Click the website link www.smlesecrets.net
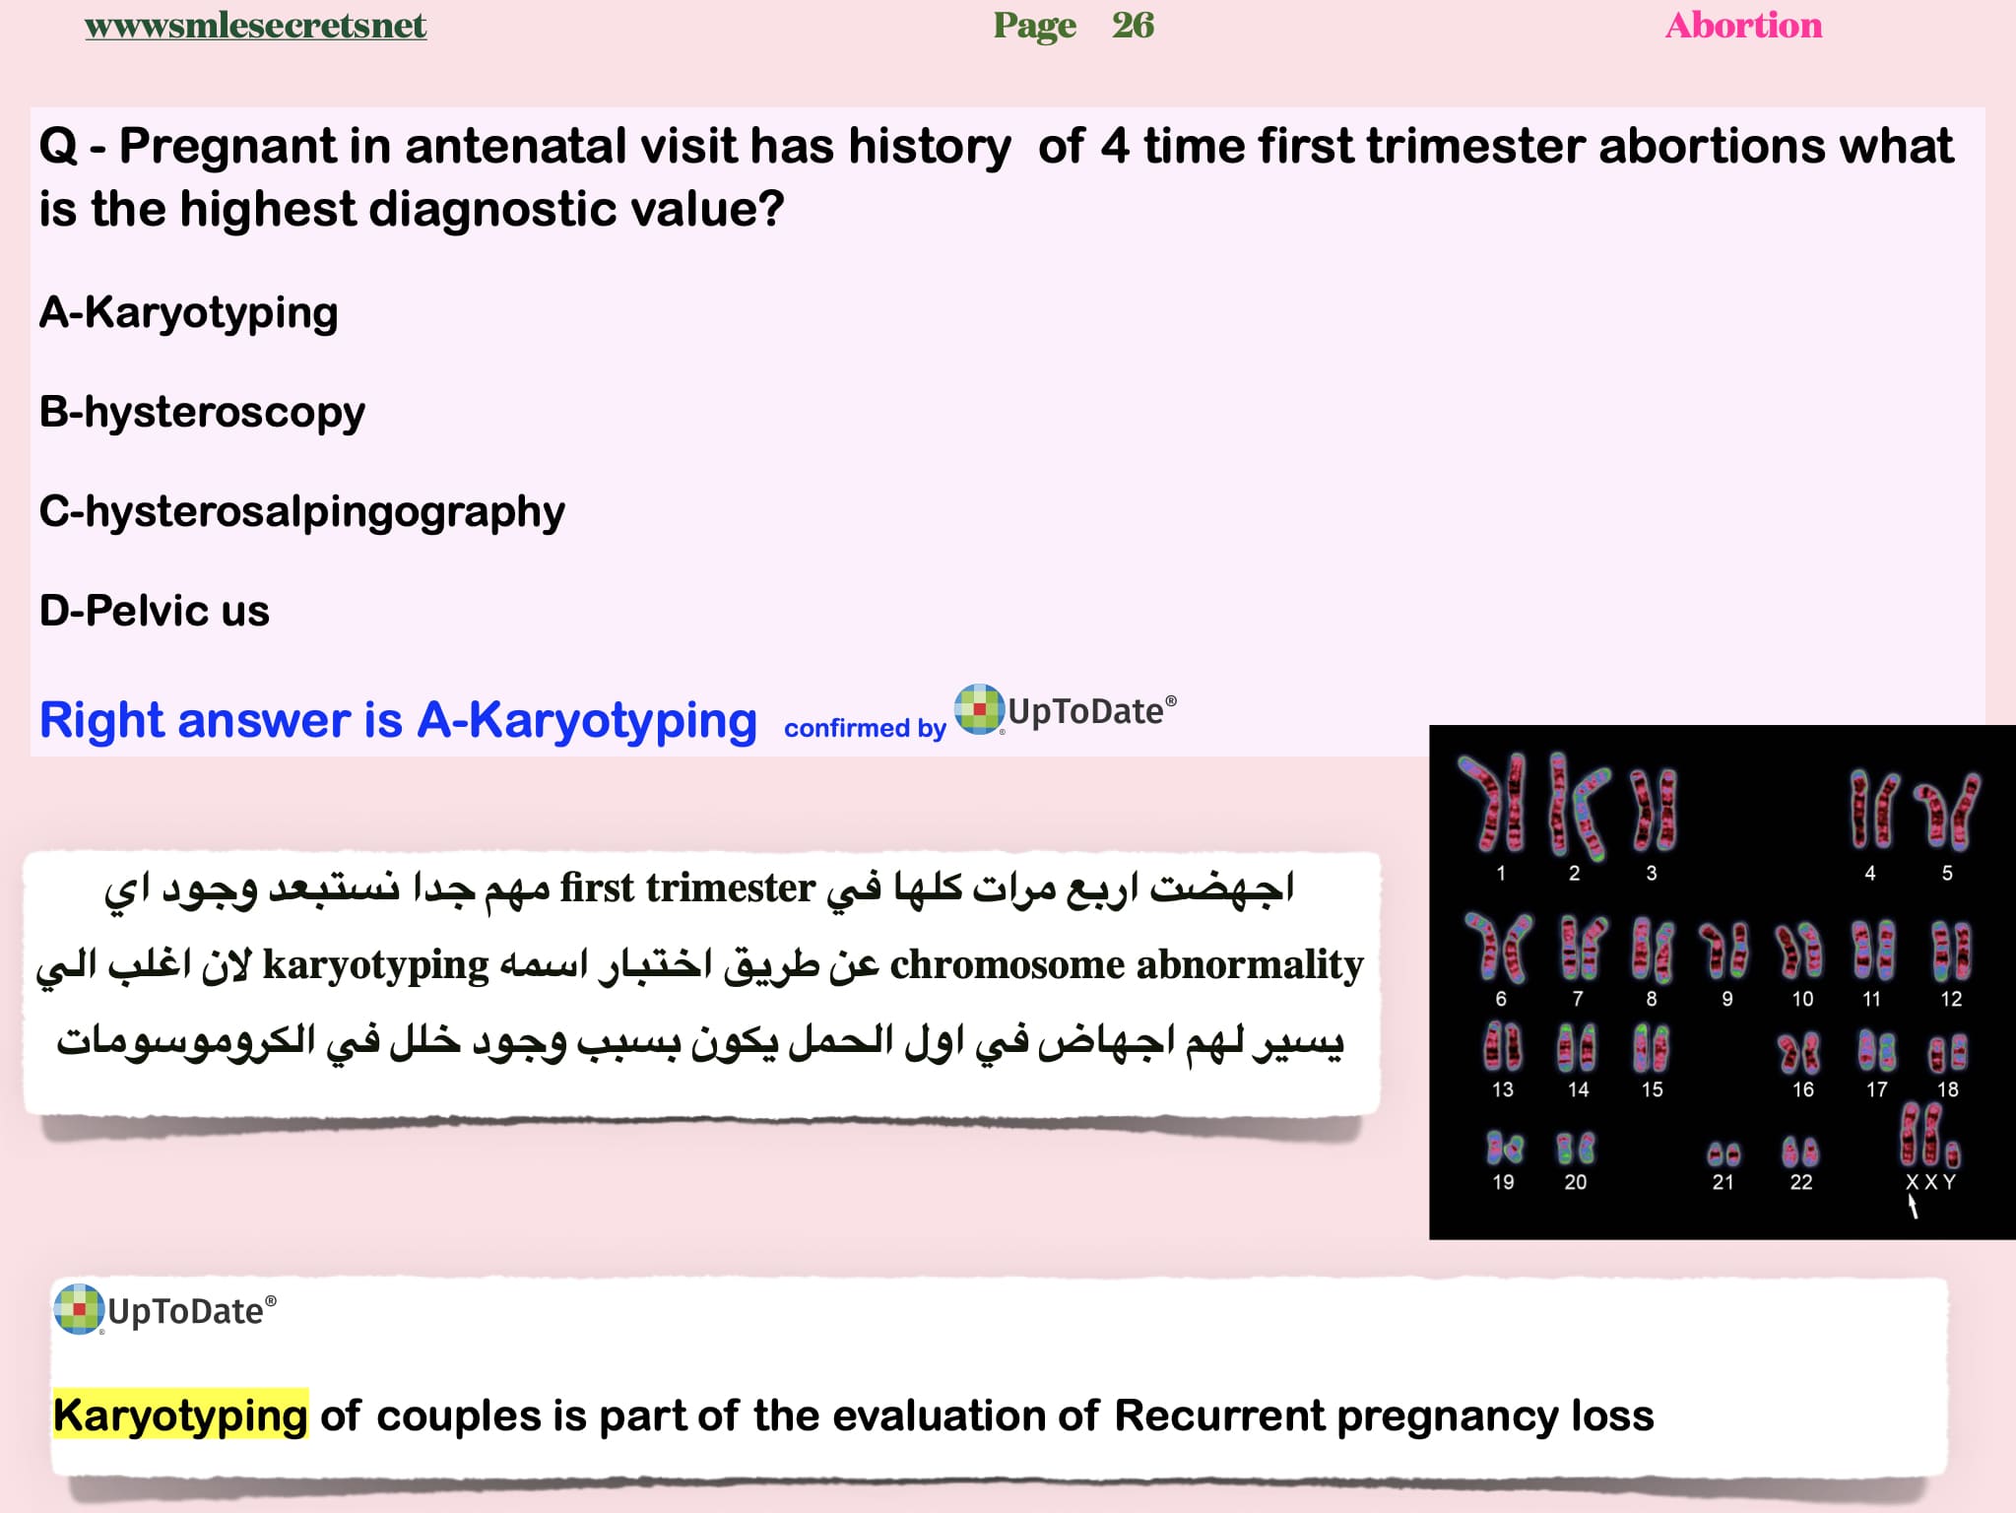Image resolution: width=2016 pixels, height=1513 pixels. click(255, 26)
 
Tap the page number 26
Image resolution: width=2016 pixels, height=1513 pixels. click(1133, 26)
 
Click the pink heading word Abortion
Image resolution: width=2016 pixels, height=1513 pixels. click(1743, 26)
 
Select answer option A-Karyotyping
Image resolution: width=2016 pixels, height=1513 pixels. click(188, 313)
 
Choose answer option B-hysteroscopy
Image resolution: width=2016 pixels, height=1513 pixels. click(202, 413)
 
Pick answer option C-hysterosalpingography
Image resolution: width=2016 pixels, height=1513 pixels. click(302, 512)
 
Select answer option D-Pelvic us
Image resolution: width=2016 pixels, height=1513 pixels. click(155, 611)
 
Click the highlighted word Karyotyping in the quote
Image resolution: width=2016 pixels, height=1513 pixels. click(180, 1414)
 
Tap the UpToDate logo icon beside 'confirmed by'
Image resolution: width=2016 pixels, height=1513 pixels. click(979, 709)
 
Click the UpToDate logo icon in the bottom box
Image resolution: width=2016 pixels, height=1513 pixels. click(79, 1309)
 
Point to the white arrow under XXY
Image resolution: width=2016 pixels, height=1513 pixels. click(1913, 1207)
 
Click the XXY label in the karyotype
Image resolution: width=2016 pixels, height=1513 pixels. click(1930, 1182)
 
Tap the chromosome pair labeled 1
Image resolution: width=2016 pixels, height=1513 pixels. click(1494, 804)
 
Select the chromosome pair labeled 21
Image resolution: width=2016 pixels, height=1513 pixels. click(1723, 1153)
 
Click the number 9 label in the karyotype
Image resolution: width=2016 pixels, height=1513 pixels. click(1727, 999)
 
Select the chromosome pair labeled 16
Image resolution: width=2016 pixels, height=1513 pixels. click(1799, 1053)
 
